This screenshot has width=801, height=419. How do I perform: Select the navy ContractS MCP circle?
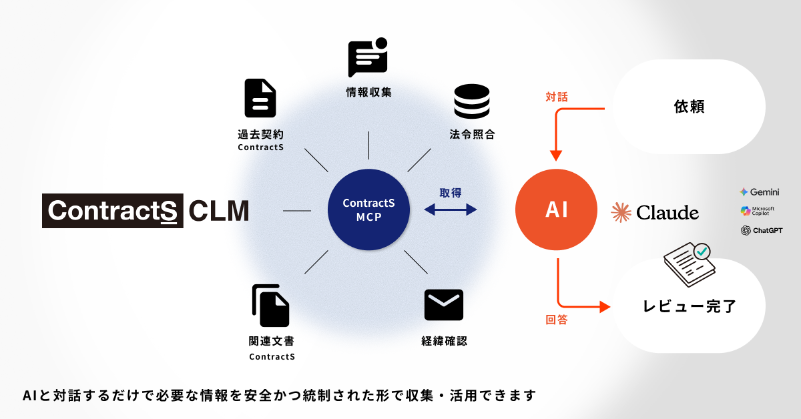click(x=368, y=209)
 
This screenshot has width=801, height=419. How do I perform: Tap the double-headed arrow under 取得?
click(x=451, y=209)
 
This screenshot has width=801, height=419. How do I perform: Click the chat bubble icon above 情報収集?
click(x=368, y=59)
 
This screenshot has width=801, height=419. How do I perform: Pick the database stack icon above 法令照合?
click(x=472, y=102)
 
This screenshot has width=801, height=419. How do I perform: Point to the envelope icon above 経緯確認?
click(x=444, y=305)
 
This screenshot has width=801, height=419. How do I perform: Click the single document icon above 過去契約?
click(x=260, y=99)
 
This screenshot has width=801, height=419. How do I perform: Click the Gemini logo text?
click(x=760, y=191)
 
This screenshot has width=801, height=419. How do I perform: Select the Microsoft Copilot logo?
click(x=758, y=211)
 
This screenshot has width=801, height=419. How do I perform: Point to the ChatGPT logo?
click(x=761, y=230)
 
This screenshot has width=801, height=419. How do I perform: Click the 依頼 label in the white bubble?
click(x=689, y=107)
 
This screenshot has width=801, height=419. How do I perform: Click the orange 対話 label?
click(x=557, y=97)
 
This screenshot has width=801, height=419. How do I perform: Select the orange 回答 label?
click(x=557, y=320)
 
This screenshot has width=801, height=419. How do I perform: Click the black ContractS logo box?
click(x=113, y=210)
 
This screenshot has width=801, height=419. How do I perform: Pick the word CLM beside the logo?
click(x=218, y=210)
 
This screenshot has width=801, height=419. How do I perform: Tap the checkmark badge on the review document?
click(x=702, y=252)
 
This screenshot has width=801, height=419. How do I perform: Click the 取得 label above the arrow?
click(x=451, y=193)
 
